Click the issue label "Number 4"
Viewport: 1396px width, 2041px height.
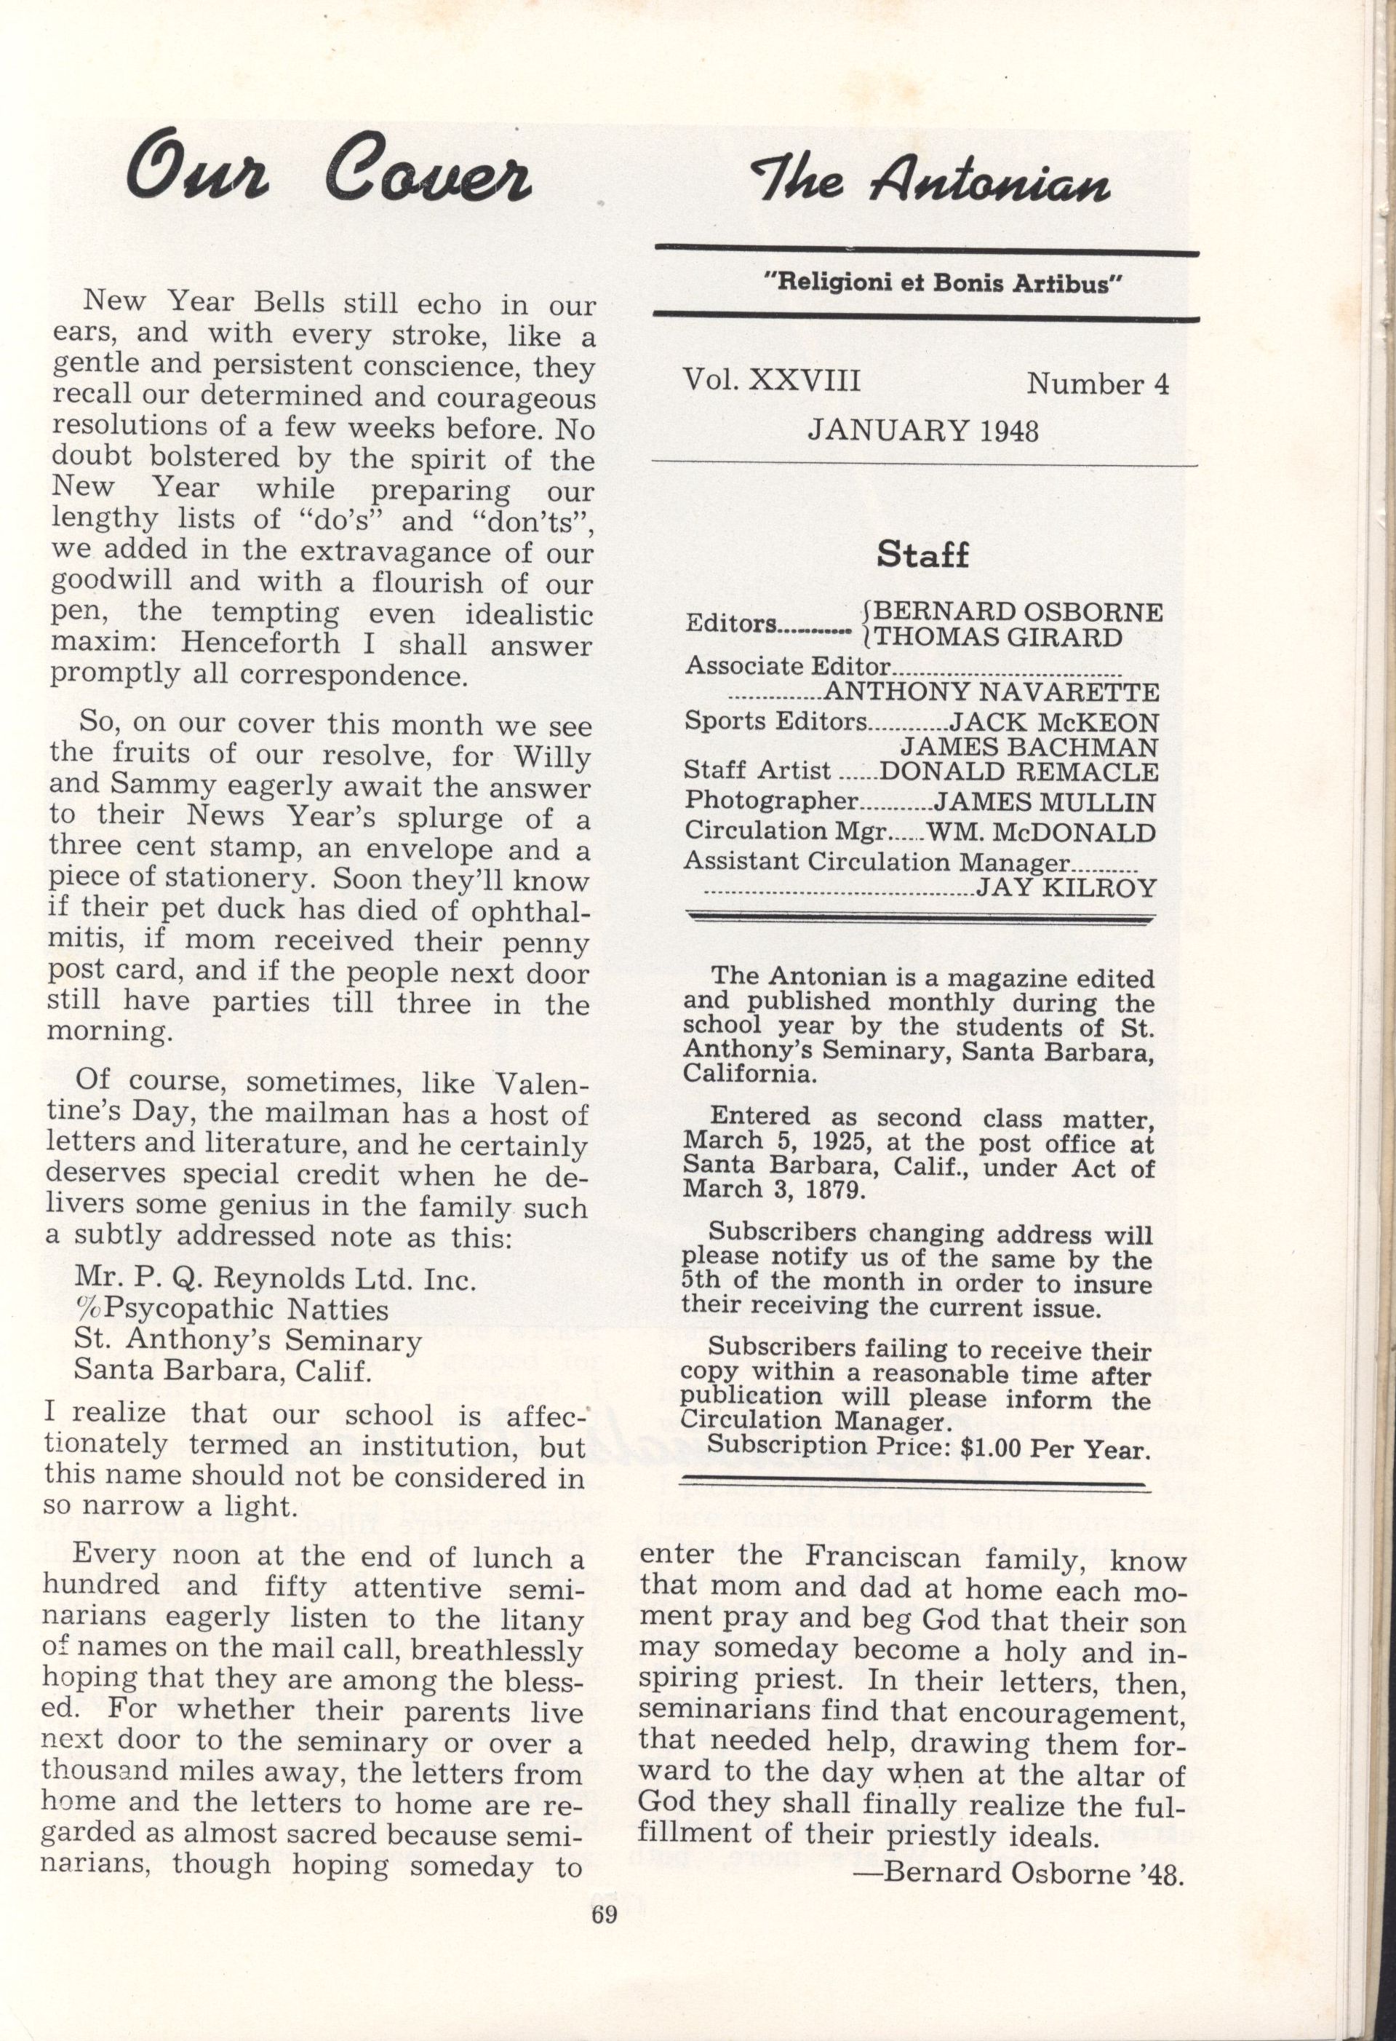[x=1098, y=384]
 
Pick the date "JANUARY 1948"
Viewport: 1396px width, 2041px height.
[x=922, y=430]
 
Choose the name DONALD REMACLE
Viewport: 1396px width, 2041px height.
[x=1018, y=772]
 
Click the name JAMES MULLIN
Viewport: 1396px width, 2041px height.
[x=1045, y=802]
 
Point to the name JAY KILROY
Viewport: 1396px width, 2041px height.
[x=1066, y=888]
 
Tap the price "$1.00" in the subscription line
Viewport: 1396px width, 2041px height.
[x=992, y=1449]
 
